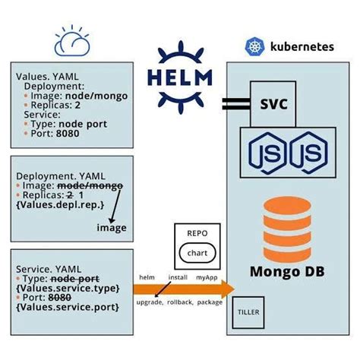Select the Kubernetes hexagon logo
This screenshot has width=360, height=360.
pyautogui.click(x=254, y=47)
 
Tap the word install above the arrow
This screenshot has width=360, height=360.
pyautogui.click(x=178, y=278)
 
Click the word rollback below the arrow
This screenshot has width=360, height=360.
pyautogui.click(x=180, y=302)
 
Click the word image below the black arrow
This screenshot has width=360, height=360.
pyautogui.click(x=111, y=227)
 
